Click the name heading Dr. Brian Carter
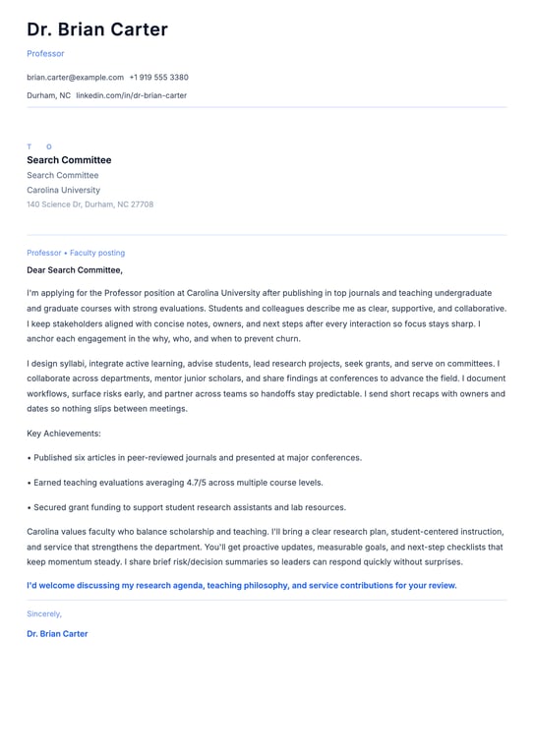tap(97, 29)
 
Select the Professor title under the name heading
tap(45, 53)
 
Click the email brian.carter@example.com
tap(75, 77)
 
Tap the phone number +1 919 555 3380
tap(158, 77)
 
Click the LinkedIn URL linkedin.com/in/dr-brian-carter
tap(131, 95)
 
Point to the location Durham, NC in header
tap(48, 95)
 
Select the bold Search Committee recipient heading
tap(69, 160)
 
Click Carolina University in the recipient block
tap(63, 190)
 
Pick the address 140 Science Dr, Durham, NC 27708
tap(89, 204)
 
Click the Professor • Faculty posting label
tap(76, 253)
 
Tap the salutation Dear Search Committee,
tap(75, 269)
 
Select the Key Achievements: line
tap(64, 433)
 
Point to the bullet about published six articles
tap(195, 457)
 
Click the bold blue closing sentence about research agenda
tap(242, 585)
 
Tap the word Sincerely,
tap(44, 613)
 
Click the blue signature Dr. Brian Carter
tap(57, 634)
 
